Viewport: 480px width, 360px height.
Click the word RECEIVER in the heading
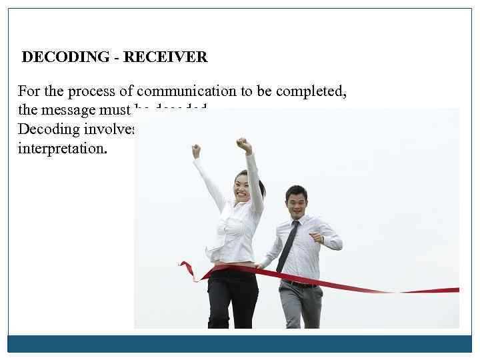165,57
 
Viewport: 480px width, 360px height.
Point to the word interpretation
62,147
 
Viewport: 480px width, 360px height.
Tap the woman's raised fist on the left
196,151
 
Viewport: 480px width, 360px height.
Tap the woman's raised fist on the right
245,145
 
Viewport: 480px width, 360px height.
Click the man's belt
300,283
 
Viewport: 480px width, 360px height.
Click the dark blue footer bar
240,343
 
